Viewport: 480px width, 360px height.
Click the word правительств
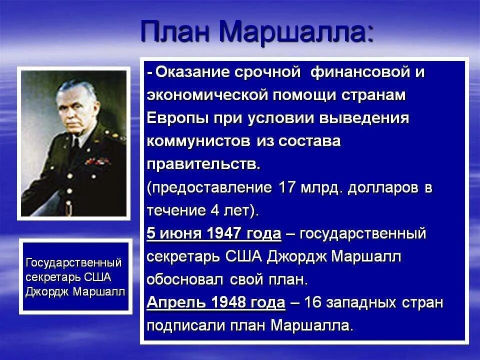click(x=203, y=164)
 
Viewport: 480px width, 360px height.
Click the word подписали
click(x=186, y=326)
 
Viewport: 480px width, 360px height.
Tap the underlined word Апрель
click(x=175, y=303)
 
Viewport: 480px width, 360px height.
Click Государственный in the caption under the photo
click(x=73, y=262)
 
